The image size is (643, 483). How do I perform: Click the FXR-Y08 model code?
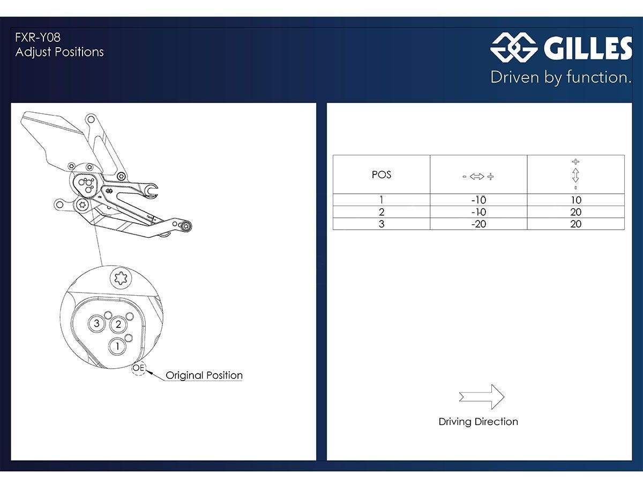[x=38, y=38]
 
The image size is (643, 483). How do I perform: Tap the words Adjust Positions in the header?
[x=59, y=52]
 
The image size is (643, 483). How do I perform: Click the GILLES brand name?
[x=587, y=49]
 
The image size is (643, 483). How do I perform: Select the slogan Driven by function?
[x=560, y=77]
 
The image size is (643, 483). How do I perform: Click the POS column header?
[x=382, y=175]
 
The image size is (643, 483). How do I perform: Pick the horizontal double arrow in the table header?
[x=477, y=177]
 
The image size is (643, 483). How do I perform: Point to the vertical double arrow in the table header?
[x=575, y=175]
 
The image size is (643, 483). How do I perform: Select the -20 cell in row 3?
[x=478, y=224]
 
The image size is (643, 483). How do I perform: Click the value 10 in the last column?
[x=576, y=200]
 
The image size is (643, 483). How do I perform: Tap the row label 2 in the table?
[x=382, y=212]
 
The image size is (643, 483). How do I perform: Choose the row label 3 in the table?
[x=382, y=224]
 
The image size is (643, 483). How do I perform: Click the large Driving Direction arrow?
[x=482, y=397]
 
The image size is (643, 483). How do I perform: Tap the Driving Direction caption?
[x=478, y=422]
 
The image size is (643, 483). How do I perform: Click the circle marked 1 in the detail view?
[x=117, y=347]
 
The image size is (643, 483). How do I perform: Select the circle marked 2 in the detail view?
[x=118, y=324]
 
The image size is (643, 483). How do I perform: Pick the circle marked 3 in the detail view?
[x=96, y=324]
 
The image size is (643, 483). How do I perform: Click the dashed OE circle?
[x=139, y=369]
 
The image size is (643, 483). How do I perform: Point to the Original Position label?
[x=204, y=375]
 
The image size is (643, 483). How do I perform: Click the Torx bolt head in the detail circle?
[x=121, y=277]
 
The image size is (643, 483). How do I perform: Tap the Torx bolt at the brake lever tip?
[x=186, y=226]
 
